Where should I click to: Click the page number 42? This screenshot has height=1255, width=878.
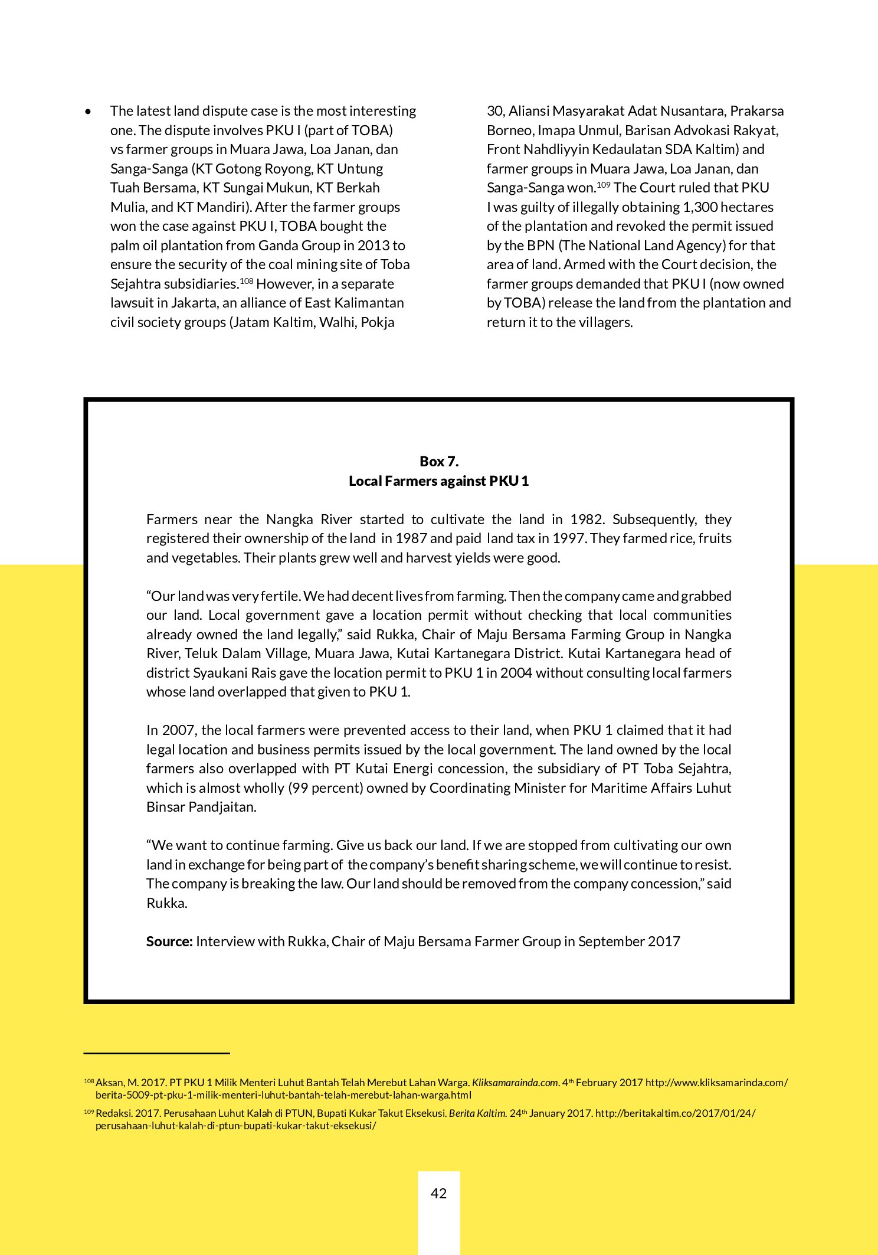click(x=438, y=1193)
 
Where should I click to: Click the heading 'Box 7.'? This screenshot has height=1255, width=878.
click(x=438, y=461)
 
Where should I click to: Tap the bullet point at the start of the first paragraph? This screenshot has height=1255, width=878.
click(x=89, y=112)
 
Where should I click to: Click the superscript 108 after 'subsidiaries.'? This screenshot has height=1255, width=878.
click(x=247, y=281)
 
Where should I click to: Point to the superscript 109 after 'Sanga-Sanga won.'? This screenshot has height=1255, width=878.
click(x=603, y=185)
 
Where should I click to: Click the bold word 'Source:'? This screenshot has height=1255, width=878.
click(x=169, y=941)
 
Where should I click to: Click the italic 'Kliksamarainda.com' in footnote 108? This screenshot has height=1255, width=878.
click(x=515, y=1083)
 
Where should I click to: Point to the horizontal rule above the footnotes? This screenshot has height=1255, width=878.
click(x=156, y=1053)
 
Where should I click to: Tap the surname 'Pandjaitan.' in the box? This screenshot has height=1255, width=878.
click(x=222, y=807)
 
